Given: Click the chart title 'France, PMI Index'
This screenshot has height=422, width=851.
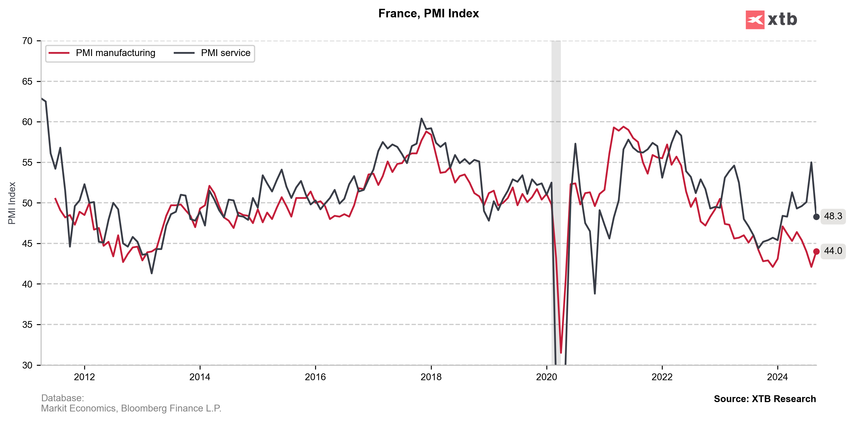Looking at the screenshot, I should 428,14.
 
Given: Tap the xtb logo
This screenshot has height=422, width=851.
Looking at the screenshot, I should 771,20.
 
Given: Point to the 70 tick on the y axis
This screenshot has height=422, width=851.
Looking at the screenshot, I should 27,41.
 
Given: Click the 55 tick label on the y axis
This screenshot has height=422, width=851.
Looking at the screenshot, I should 27,162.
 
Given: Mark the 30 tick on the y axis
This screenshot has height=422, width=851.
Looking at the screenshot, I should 27,365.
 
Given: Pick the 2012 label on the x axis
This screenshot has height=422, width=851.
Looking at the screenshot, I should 84,377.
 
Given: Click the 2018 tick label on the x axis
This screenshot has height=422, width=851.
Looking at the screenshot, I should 431,377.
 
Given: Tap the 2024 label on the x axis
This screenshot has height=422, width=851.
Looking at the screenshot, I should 777,377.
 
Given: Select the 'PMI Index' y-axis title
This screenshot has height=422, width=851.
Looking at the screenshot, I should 12,203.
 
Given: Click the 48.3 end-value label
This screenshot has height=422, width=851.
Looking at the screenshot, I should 833,216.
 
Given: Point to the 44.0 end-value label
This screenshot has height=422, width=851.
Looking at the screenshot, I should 833,251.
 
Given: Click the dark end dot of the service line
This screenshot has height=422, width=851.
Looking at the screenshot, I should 816,217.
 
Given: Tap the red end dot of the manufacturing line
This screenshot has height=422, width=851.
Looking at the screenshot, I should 816,252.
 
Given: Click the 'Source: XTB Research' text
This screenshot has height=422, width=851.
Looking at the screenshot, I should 765,399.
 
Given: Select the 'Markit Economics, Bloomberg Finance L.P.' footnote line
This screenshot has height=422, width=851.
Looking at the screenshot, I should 131,408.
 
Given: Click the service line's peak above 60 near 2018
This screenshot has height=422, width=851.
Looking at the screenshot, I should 421,119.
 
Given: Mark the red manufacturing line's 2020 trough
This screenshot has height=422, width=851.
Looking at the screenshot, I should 561,353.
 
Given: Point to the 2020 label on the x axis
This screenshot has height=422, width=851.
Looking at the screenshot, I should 546,377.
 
